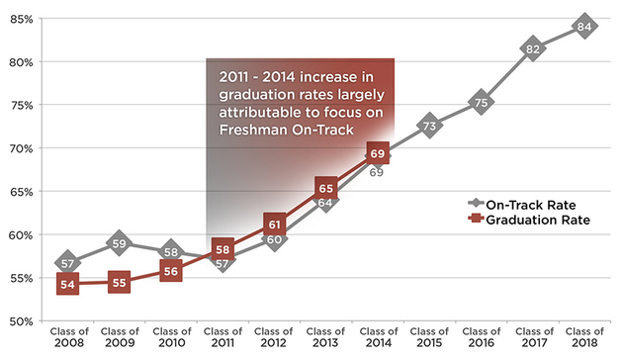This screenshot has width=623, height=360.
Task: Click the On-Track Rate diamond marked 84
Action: [584, 27]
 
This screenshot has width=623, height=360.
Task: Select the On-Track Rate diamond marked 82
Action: [533, 48]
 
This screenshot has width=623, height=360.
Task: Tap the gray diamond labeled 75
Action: [481, 102]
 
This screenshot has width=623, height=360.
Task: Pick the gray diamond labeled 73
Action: [429, 126]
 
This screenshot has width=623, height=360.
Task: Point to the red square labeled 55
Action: [119, 282]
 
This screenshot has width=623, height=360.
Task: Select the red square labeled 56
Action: [170, 271]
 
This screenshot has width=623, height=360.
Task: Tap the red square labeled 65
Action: [325, 188]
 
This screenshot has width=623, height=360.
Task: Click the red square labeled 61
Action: [275, 223]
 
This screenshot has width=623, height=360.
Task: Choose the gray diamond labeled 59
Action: [119, 242]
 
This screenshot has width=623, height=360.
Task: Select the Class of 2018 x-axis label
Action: [584, 337]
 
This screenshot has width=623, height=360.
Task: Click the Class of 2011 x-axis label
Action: [222, 337]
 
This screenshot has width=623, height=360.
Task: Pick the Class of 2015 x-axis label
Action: [429, 337]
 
